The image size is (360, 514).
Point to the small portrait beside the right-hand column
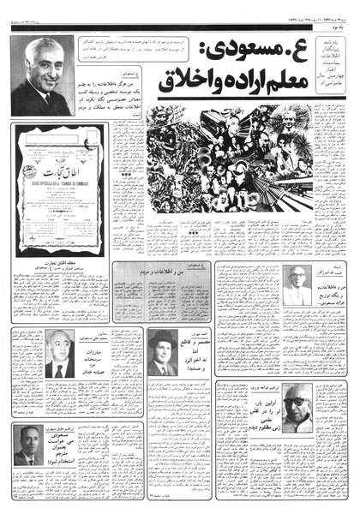click(296, 285)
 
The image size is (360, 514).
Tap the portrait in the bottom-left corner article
click(32, 445)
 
